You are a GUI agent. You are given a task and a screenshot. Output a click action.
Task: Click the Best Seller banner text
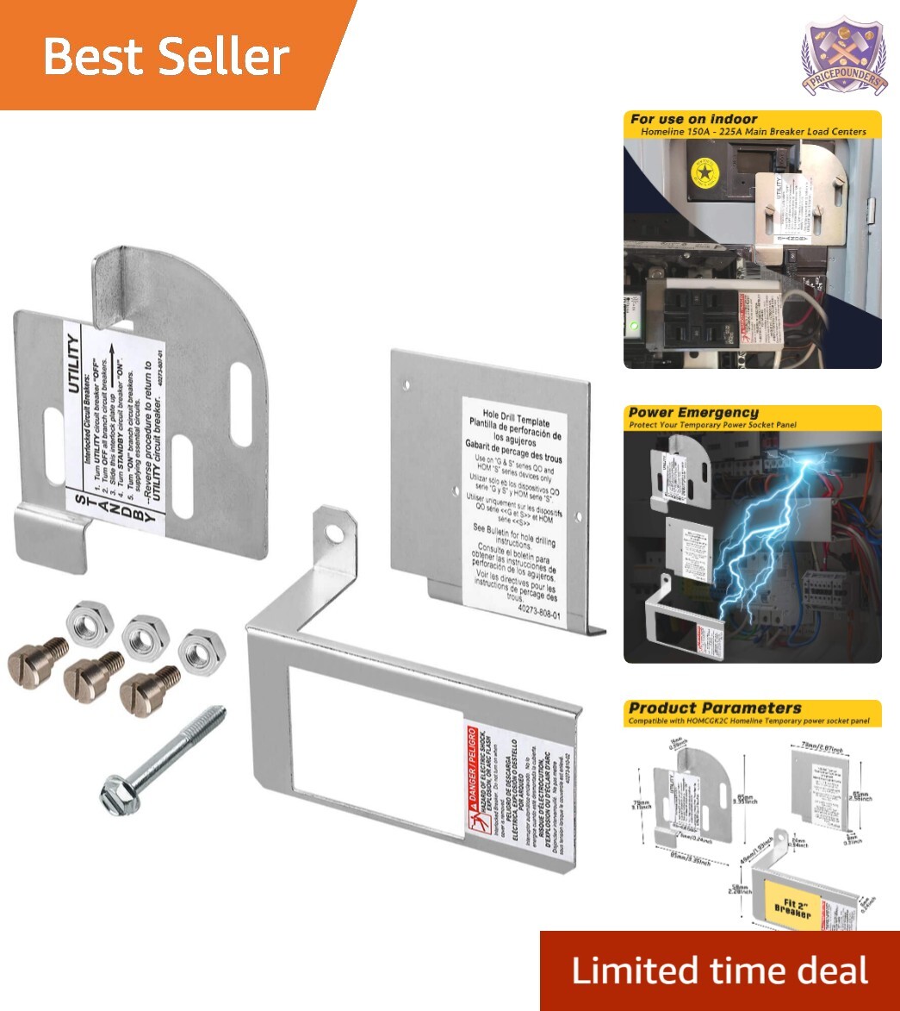(x=165, y=57)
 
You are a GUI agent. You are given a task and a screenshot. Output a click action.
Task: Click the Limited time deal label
(x=719, y=970)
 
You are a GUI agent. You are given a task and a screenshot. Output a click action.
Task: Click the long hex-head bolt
(x=163, y=752)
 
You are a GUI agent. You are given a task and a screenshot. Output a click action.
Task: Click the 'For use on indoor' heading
(x=694, y=119)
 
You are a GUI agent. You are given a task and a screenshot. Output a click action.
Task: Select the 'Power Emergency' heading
(x=694, y=413)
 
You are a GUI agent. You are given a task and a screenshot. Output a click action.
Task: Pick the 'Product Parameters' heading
(x=715, y=708)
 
